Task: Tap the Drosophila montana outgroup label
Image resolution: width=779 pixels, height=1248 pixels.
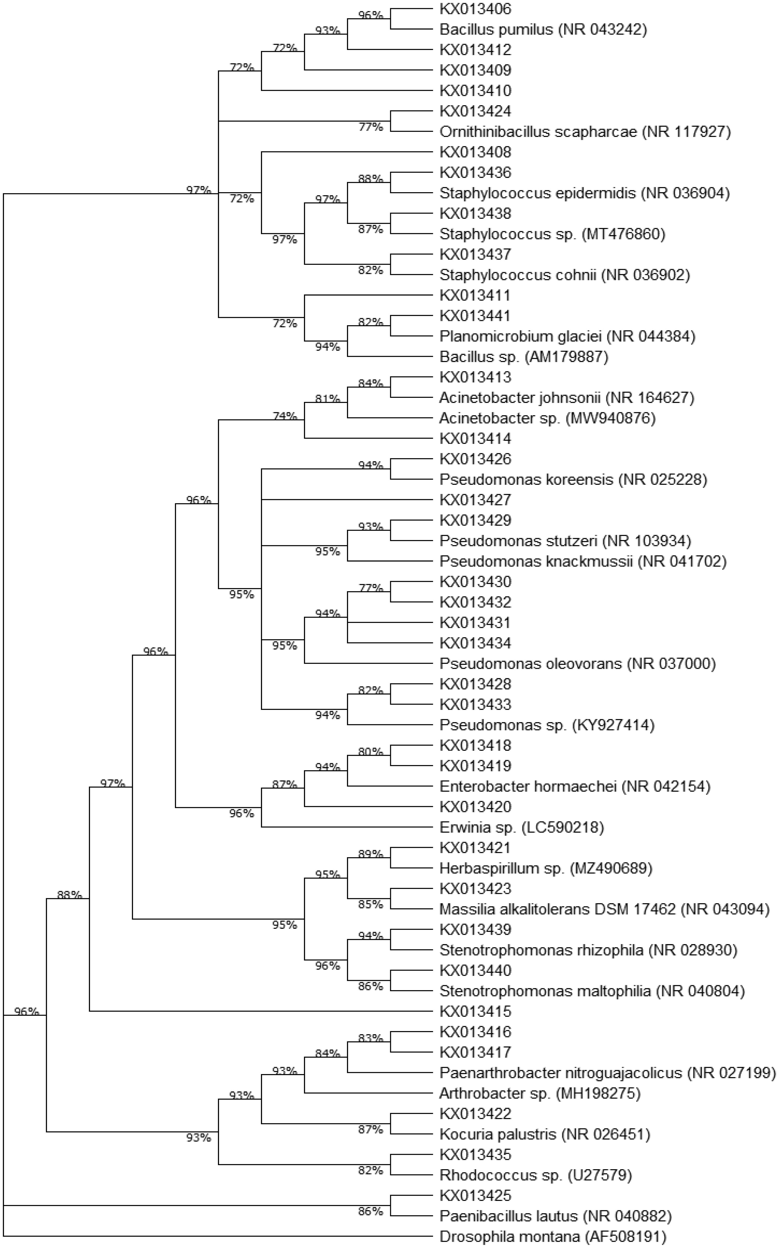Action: coord(552,1237)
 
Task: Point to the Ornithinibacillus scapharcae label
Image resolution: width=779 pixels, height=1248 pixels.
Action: coord(585,132)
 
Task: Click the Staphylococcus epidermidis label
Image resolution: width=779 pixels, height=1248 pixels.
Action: coord(584,193)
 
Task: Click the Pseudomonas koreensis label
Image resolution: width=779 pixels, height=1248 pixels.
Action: coord(573,480)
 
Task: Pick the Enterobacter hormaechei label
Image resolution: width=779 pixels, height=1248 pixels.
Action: coord(575,787)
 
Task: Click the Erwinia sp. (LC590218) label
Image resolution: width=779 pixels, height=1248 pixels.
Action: coord(521,828)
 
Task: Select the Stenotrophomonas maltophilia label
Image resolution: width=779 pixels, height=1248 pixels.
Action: coord(592,991)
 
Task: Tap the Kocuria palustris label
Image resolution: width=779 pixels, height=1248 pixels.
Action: coord(544,1134)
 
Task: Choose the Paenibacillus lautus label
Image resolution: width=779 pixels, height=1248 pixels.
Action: coord(555,1216)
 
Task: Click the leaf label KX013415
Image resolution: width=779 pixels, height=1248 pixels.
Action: coord(475,1012)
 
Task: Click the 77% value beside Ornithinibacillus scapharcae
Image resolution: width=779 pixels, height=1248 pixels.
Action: coord(371,127)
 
